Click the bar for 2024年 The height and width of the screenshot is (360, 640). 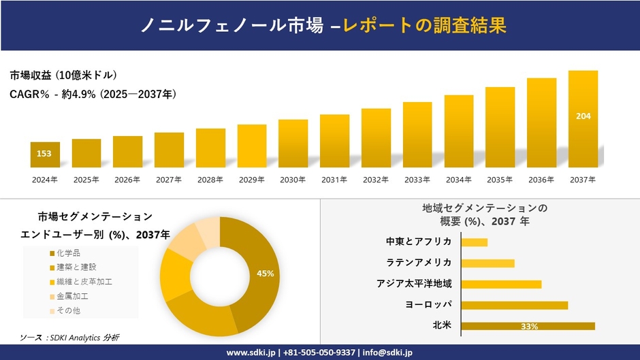45,154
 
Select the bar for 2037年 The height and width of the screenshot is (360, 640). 583,119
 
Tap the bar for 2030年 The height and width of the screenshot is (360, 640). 293,144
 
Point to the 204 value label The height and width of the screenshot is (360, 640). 583,116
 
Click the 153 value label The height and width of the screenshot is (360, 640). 44,154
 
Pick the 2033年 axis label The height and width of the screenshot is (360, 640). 417,180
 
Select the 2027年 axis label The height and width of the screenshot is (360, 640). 169,180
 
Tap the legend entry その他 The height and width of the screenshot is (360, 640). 68,310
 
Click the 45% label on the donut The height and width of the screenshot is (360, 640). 266,274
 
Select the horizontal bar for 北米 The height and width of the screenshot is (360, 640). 528,326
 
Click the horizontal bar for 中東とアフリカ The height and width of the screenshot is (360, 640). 474,242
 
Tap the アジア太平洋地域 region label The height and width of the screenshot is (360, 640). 414,284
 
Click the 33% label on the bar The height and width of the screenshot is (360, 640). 529,327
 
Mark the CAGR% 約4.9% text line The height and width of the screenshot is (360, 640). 93,95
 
